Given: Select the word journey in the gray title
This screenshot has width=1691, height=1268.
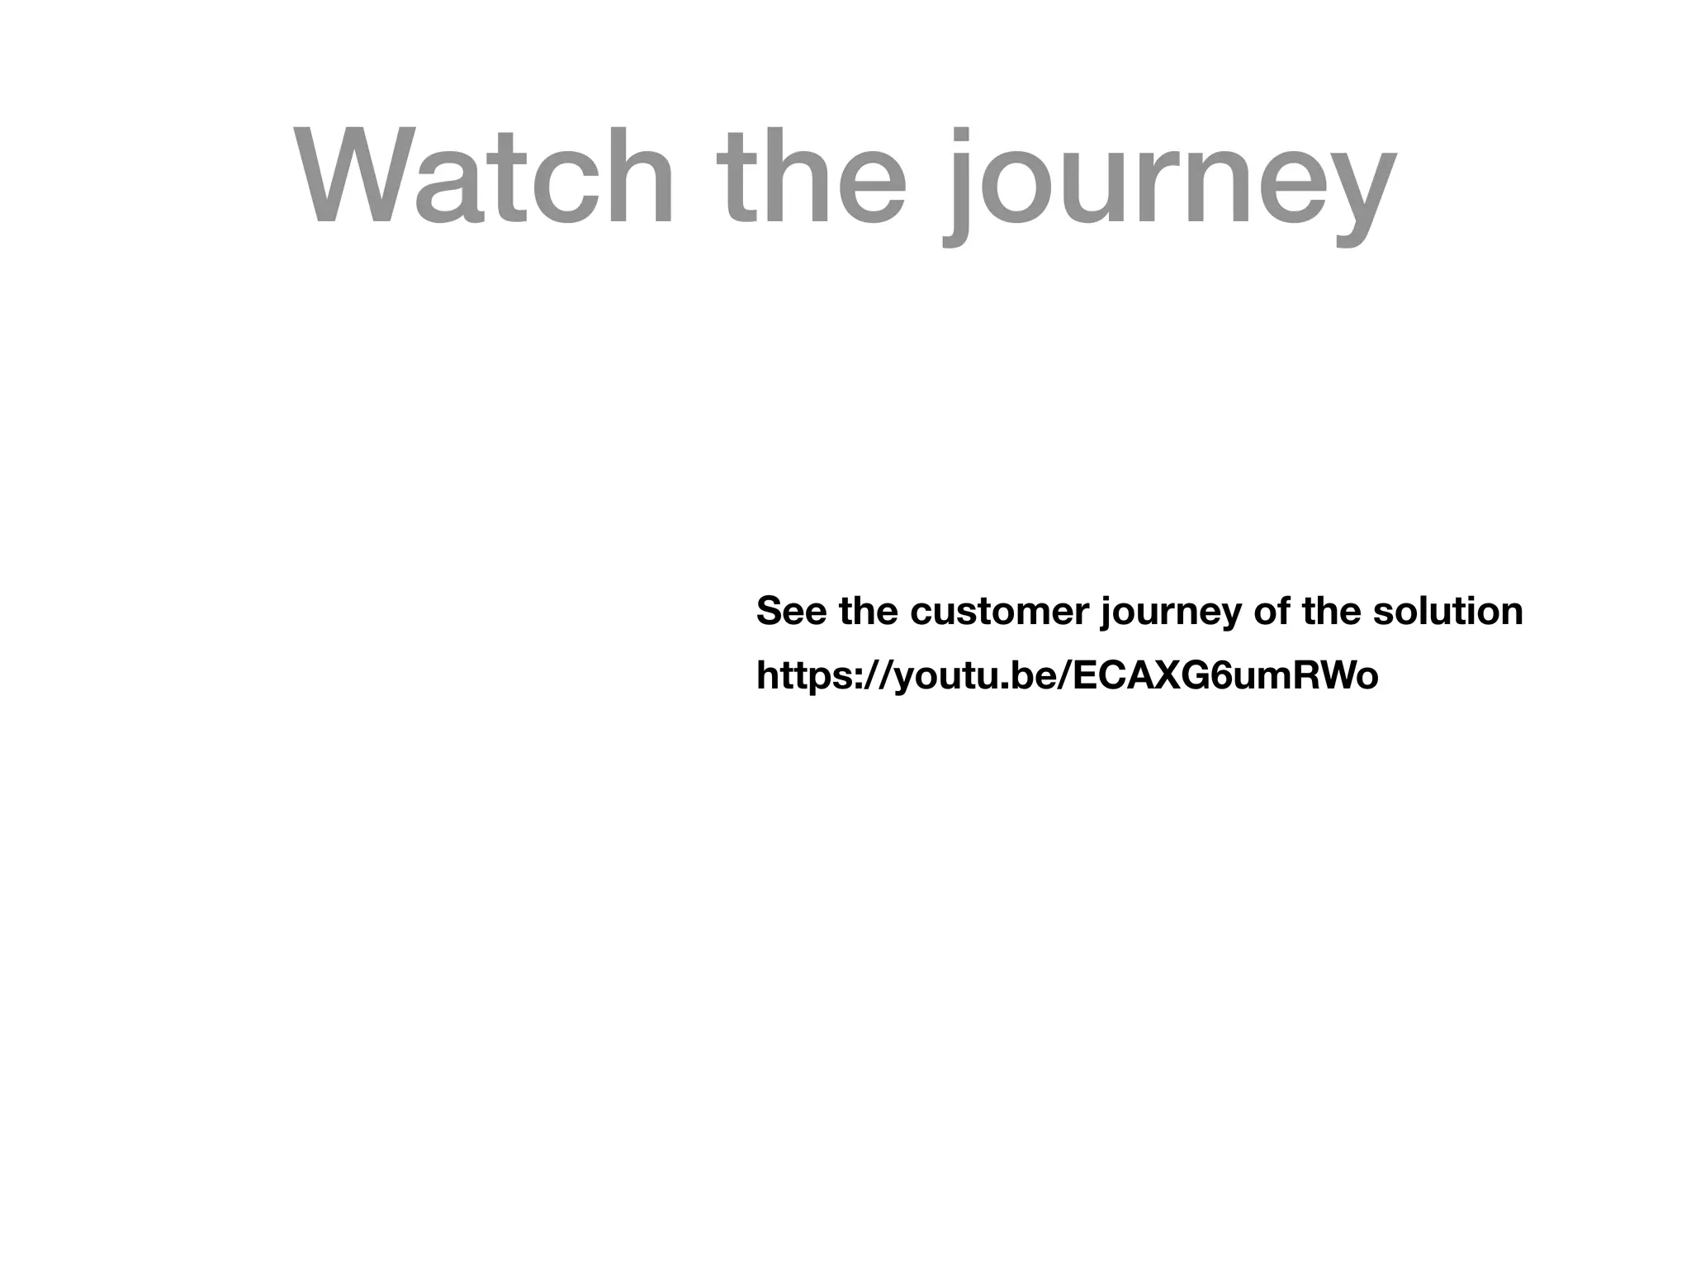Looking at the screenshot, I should click(x=1168, y=186).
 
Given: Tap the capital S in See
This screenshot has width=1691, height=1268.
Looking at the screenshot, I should click(x=769, y=612).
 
